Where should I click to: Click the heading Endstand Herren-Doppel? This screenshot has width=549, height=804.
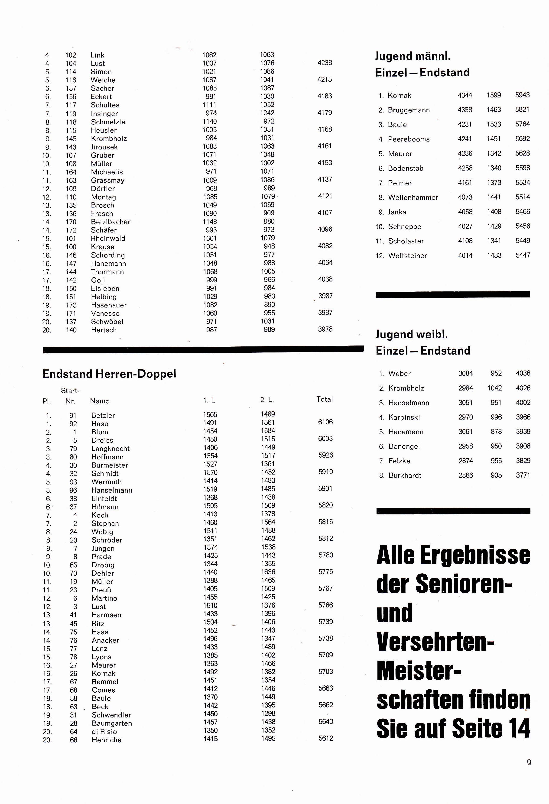click(x=109, y=374)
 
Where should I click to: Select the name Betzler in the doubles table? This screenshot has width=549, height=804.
click(x=103, y=415)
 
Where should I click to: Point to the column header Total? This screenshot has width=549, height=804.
click(x=324, y=399)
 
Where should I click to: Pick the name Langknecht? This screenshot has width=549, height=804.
click(x=110, y=448)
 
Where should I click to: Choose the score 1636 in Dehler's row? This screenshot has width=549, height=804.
click(x=268, y=572)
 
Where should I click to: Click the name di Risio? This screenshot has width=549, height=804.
click(x=104, y=731)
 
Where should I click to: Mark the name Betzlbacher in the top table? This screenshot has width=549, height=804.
click(x=110, y=222)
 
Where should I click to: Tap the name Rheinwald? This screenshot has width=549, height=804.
click(x=108, y=238)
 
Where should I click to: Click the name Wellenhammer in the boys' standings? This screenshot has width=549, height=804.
click(x=413, y=197)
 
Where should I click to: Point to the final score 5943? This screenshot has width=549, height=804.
click(x=522, y=95)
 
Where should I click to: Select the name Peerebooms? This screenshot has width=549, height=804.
click(x=409, y=139)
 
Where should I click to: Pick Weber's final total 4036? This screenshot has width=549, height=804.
click(x=523, y=373)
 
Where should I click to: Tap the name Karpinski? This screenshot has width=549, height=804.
click(x=404, y=417)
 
